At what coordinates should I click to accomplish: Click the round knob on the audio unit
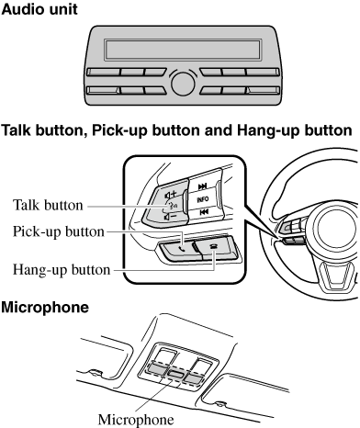(183, 84)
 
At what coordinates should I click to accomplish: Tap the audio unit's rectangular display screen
(183, 50)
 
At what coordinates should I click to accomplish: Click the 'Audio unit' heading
(39, 9)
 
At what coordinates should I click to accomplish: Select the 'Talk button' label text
(48, 205)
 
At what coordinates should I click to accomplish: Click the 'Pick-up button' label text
(59, 231)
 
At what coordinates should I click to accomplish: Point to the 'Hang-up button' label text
(62, 270)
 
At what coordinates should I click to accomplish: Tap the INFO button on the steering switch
(203, 199)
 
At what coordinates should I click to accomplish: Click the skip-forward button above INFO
(203, 186)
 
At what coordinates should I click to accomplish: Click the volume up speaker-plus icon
(171, 195)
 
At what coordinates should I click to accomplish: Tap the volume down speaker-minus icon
(170, 217)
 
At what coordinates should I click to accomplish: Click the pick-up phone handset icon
(182, 249)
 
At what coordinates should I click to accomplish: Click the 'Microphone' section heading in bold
(45, 308)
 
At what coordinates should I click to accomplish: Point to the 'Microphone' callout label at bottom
(136, 420)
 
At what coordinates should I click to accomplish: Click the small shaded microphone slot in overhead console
(175, 374)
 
